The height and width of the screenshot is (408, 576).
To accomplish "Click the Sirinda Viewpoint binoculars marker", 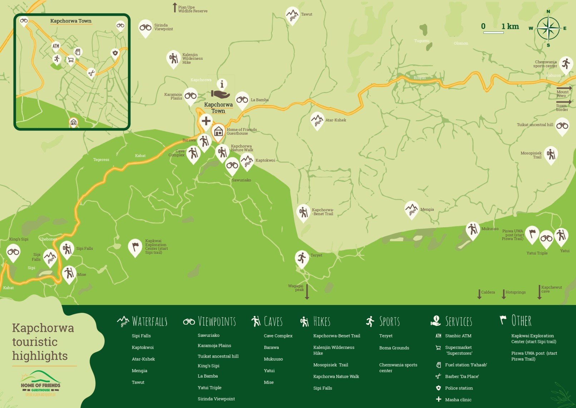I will coord(145,28).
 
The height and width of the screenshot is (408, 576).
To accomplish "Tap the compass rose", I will coord(548,29).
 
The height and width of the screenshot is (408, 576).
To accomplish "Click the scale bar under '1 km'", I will coord(493,33).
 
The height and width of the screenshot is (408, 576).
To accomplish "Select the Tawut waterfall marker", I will coord(292,15).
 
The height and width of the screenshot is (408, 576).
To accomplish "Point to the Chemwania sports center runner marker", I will coord(566,64).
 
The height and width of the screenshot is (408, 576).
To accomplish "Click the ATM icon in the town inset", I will coord(56,46).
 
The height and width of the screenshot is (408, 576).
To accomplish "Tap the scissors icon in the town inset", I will coord(91,73).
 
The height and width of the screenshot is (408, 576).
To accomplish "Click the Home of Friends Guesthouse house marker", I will coord(218,131).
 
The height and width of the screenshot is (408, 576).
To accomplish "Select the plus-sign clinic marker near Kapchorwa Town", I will coord(206,121).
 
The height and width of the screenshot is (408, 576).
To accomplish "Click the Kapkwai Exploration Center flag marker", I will coord(135,247).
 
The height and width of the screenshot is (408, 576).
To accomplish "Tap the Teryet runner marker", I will coord(302,258).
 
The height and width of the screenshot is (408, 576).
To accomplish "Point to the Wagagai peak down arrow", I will coord(307,291).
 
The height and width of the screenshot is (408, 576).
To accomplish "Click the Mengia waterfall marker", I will coord(411,209).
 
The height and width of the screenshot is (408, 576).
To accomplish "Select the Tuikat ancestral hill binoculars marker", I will coord(562,126).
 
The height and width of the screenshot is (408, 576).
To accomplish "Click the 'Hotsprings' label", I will coord(515,292).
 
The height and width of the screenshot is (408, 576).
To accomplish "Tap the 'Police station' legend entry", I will coord(459,388).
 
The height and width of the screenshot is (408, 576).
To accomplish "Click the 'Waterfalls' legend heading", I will coord(149,321).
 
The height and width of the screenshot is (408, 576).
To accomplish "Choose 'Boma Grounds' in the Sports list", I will coord(394,348).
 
